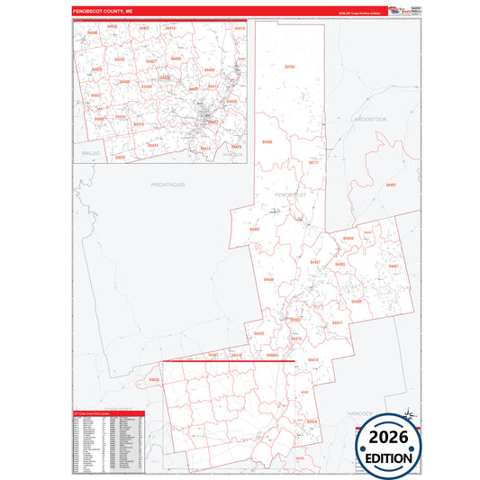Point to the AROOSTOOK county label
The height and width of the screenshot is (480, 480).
369,119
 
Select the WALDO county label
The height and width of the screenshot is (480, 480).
90,154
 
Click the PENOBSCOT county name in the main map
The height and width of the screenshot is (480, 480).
290,195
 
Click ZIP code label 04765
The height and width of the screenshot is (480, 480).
289,67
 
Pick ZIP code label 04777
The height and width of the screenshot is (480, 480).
313,163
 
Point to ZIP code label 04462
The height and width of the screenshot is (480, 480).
255,229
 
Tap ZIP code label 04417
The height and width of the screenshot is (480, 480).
337,322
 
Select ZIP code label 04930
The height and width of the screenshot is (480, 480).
154,379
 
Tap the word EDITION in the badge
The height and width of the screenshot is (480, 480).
389,457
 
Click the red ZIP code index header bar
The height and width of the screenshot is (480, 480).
106,412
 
